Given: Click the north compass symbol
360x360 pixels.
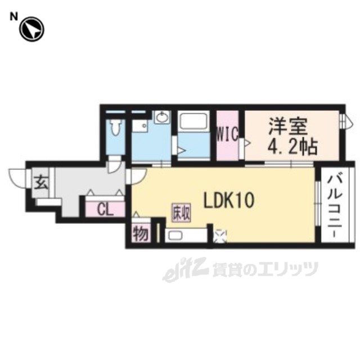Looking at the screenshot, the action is tap(31, 29).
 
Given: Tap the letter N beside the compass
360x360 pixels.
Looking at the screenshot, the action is tap(13, 16).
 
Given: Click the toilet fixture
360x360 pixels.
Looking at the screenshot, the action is tap(115, 128).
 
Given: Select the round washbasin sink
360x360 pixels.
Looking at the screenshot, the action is tap(163, 118).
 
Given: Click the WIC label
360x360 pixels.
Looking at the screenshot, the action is tap(227, 135).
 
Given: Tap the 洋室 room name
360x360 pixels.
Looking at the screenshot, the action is tap(288, 126).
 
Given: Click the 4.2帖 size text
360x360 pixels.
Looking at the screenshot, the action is tap(292, 147).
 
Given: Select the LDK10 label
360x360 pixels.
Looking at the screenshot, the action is tap(229, 200).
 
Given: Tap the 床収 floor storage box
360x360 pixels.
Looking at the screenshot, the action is tap(181, 213).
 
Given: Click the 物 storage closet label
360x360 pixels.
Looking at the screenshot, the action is tap(140, 233).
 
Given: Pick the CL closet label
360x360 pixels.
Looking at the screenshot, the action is tap(105, 209).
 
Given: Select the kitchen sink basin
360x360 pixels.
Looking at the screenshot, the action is tap(175, 235).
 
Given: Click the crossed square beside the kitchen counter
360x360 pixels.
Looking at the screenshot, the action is tap(220, 236).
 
